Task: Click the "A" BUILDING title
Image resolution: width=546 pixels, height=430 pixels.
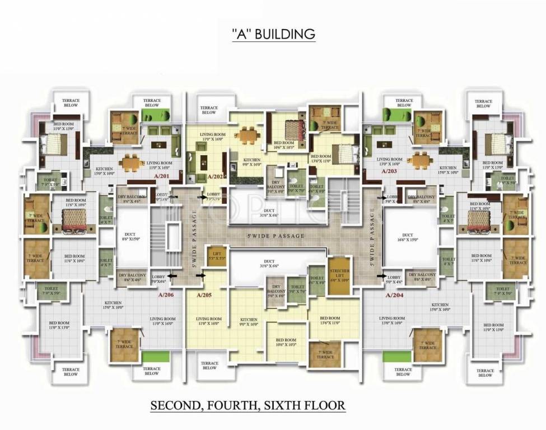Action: [x=273, y=34]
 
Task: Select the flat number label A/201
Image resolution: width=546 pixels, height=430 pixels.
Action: [x=162, y=176]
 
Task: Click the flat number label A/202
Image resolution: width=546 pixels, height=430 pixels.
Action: [x=216, y=177]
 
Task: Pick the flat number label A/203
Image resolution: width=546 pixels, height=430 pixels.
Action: [x=390, y=171]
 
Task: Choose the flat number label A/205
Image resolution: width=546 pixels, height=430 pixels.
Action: [x=206, y=295]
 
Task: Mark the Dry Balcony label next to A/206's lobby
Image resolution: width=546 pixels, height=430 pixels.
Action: [x=132, y=277]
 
